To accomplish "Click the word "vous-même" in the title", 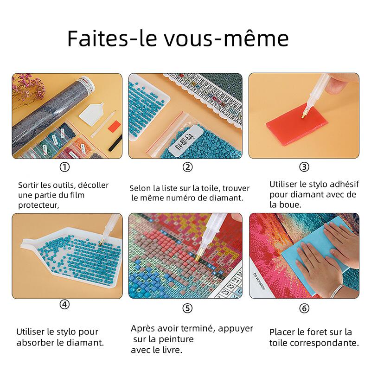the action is coord(226,38).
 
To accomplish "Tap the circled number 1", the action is coord(64,167).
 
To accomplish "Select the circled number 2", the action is coord(188,167).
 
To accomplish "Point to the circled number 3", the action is coord(304,167).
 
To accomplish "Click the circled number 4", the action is coord(64,304).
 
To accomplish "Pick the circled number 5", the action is coord(188,308).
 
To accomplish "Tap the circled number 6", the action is coord(304,308).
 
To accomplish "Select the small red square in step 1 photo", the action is coord(115,126).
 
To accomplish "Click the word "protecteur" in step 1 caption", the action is coord(38,205).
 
